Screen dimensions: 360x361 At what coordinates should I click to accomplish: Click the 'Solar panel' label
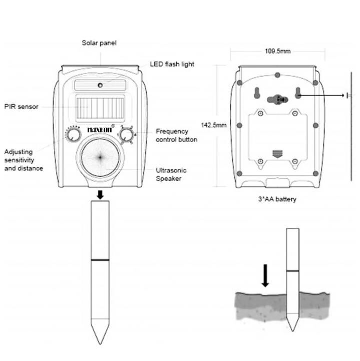99,43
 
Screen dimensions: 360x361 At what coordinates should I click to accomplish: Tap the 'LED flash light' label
172,64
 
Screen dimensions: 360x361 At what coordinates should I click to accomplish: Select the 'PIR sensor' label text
22,107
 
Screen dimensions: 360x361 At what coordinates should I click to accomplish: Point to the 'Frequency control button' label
176,135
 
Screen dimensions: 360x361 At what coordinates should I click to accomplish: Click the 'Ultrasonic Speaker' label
171,174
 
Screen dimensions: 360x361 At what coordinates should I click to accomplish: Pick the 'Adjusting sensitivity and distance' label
24,160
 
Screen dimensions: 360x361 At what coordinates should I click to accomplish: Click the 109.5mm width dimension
277,51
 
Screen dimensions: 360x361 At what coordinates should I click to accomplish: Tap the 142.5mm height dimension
214,125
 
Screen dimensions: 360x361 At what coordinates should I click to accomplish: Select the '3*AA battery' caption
277,199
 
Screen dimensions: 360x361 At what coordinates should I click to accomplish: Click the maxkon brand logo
100,129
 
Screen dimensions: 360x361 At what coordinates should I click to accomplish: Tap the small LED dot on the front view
100,85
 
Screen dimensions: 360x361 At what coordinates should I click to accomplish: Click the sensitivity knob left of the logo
74,134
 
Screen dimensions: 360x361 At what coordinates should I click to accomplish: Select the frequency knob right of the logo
126,135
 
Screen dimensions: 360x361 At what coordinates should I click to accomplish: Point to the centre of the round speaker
100,158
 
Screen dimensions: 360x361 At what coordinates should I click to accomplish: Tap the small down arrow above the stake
100,195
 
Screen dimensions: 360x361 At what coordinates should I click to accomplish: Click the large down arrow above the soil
265,275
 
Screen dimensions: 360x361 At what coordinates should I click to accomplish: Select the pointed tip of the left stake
100,344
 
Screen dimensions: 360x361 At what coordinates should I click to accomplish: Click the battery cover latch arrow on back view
277,154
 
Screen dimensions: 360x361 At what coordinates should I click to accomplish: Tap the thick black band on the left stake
100,260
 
